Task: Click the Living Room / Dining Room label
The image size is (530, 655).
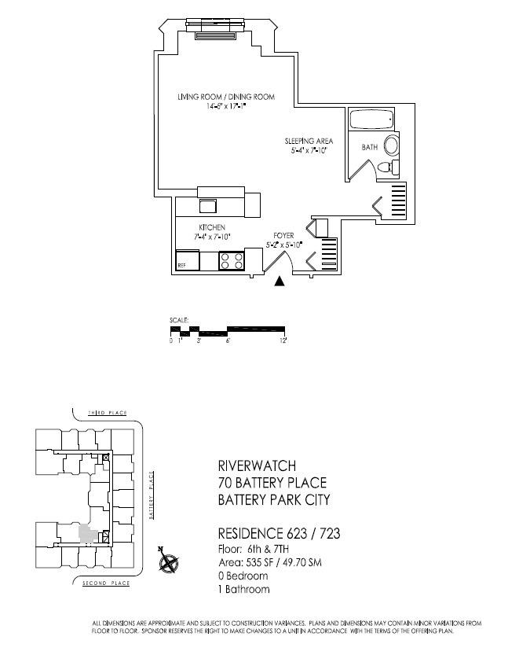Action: [225, 97]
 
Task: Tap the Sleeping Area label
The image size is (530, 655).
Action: [309, 142]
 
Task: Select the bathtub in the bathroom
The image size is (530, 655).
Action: [372, 122]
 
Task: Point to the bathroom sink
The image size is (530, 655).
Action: [392, 146]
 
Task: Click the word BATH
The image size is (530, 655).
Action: [369, 147]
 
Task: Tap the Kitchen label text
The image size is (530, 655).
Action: [211, 227]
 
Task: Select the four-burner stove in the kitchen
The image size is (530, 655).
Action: [231, 260]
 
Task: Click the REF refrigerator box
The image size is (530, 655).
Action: [187, 261]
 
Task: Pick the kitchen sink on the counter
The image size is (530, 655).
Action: [208, 206]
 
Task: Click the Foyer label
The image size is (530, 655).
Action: [283, 235]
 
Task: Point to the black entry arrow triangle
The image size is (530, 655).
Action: [279, 282]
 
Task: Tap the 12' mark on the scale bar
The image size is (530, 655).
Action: [284, 340]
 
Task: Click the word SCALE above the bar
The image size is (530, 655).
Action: [178, 320]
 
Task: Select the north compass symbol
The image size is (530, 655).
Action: [167, 561]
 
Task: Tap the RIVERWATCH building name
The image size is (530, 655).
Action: [246, 466]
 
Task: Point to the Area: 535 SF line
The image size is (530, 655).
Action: [269, 563]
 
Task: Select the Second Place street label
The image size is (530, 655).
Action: [106, 583]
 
